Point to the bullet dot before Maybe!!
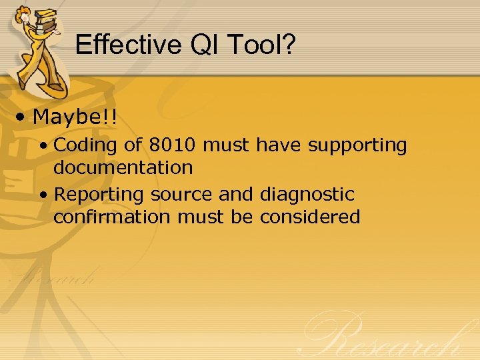coord(22,118)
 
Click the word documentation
coord(123,167)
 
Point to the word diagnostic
coord(307,195)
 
